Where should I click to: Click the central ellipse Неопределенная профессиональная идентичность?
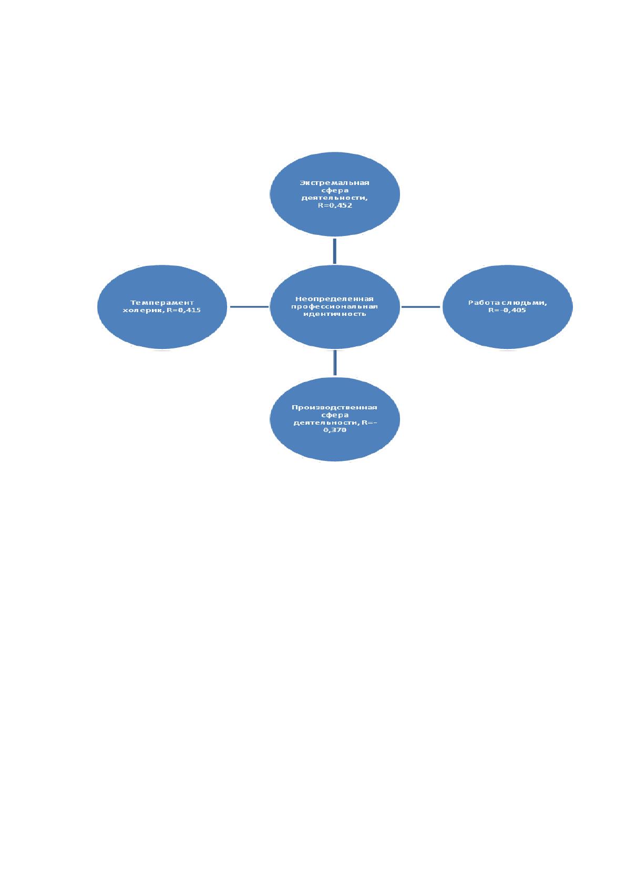[335, 306]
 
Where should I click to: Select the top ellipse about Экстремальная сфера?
[335, 194]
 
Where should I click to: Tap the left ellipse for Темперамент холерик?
[162, 306]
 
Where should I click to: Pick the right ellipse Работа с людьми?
[507, 306]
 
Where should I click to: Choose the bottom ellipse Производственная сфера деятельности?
[335, 419]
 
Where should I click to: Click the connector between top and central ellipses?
[335, 251]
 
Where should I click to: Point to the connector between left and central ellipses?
[249, 306]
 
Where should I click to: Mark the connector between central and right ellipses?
[420, 306]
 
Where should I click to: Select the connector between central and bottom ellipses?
[335, 363]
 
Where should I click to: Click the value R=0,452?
[335, 205]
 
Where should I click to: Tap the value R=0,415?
[183, 310]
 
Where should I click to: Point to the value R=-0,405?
[507, 310]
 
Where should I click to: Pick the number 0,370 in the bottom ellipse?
[335, 430]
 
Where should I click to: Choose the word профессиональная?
[334, 306]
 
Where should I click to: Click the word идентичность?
[334, 314]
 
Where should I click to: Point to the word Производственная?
[334, 407]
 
